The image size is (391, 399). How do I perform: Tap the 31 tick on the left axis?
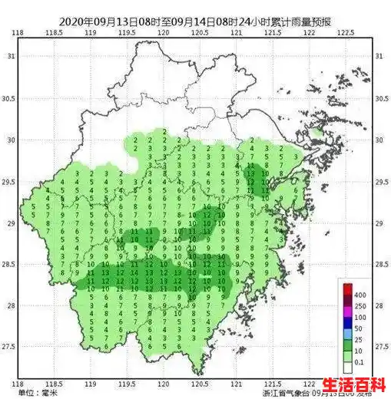click(x=10, y=57)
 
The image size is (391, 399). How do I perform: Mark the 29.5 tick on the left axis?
click(x=8, y=182)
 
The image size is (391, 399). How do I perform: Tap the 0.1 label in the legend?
click(x=358, y=361)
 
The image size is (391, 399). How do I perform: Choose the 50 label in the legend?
click(x=358, y=328)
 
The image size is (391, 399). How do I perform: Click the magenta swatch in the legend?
click(x=346, y=311)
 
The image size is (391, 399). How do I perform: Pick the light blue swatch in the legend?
click(x=346, y=333)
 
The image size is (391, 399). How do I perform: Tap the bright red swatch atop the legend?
click(x=346, y=289)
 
